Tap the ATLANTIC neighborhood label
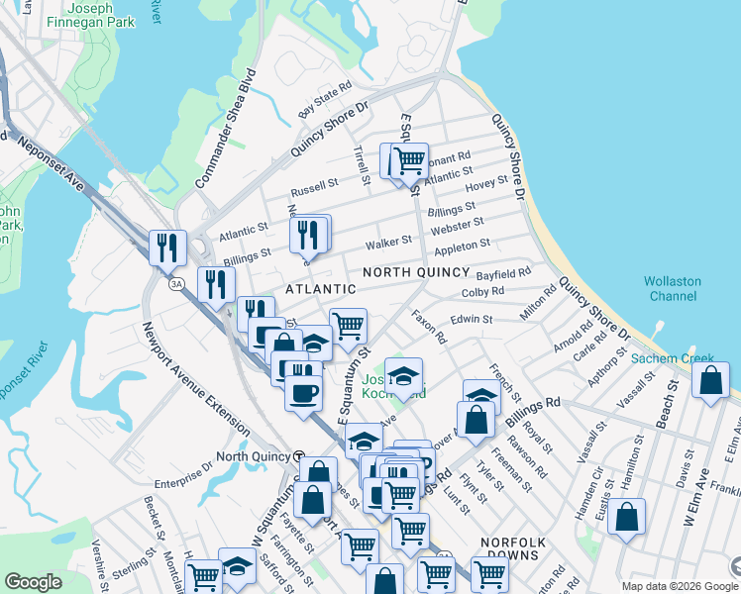tap(320, 289)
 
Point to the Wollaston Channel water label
tap(673, 288)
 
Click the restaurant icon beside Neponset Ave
tap(167, 247)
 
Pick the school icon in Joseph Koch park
tap(403, 378)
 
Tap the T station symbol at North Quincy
tap(298, 456)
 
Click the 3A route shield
tap(176, 284)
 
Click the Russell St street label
tap(314, 186)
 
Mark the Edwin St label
tap(472, 319)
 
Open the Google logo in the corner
tap(34, 582)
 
